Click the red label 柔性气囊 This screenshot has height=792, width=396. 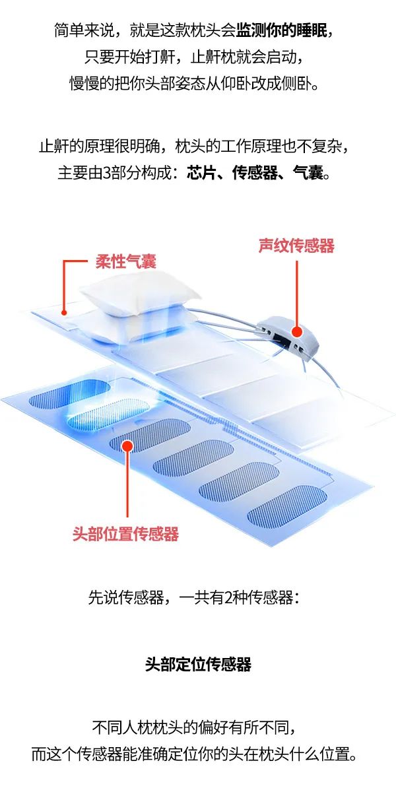[x=126, y=261]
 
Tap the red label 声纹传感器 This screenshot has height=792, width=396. [x=296, y=246]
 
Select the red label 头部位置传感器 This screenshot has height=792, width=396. [x=125, y=533]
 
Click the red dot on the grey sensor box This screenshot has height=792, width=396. [x=297, y=331]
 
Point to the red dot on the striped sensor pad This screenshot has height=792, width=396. [x=127, y=446]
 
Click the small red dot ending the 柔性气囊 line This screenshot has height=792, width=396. [x=64, y=313]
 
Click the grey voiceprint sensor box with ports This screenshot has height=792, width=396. [x=288, y=334]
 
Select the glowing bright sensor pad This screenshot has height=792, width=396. [x=108, y=412]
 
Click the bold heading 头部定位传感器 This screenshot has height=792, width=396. [x=198, y=664]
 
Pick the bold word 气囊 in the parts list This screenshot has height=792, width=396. [x=308, y=173]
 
